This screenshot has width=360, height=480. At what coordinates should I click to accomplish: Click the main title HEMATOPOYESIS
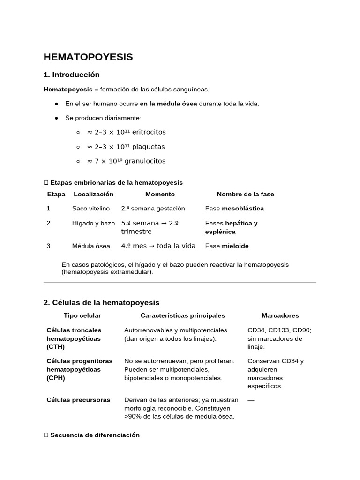88,57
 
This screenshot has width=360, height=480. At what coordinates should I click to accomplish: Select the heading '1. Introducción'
71,75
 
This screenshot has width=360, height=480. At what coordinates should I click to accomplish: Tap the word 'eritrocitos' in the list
149,132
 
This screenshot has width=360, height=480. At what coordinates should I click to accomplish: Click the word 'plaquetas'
148,147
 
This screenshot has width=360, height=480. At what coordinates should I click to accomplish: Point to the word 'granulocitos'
146,161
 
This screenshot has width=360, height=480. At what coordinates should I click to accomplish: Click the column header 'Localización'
93,194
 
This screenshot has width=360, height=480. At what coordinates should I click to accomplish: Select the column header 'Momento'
160,194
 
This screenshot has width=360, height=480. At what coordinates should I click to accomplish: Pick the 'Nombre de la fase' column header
245,194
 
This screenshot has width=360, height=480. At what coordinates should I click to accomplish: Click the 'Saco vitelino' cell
91,209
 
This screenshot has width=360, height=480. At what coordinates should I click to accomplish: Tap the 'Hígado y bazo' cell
93,223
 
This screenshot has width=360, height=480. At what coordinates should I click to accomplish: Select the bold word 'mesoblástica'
243,209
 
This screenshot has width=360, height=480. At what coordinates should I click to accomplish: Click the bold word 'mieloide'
235,246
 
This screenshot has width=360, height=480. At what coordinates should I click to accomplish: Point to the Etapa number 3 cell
48,246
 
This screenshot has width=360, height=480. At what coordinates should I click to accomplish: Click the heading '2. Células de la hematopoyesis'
101,302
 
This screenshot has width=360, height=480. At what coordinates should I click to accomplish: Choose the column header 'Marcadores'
280,316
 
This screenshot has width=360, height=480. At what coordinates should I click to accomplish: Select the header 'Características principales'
183,316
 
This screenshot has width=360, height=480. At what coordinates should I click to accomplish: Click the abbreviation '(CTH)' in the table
56,347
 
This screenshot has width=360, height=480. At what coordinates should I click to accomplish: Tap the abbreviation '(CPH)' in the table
56,378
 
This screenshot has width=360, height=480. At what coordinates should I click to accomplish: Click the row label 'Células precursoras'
78,400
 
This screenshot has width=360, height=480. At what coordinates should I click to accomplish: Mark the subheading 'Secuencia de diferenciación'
95,435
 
